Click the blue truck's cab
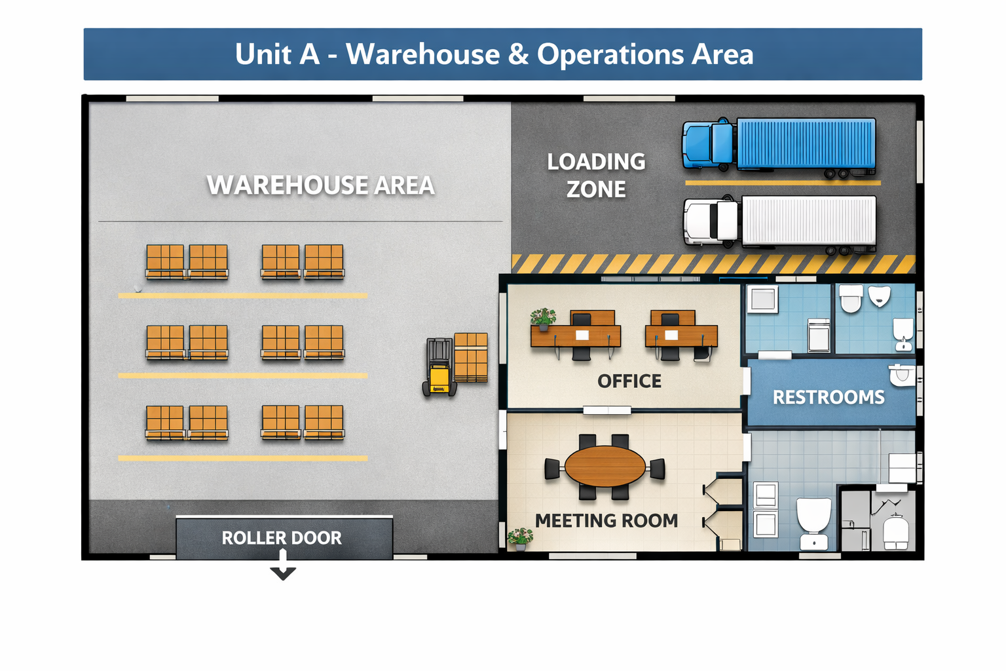pos(707,144)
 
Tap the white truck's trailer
pos(808,220)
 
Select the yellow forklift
pos(439,368)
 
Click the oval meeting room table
pos(605,467)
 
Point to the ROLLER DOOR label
pos(282,538)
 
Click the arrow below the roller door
pos(283,567)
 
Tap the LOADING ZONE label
pos(596,175)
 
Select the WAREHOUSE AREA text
pos(320,185)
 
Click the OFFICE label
pos(629,381)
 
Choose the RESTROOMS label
pos(829,397)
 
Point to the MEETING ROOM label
pos(606,520)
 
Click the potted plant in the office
pos(543,318)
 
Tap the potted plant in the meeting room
pos(521,538)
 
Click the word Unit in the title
pos(263,54)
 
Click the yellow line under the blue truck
pos(783,183)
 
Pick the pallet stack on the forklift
pos(471,357)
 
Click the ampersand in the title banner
pos(518,54)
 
